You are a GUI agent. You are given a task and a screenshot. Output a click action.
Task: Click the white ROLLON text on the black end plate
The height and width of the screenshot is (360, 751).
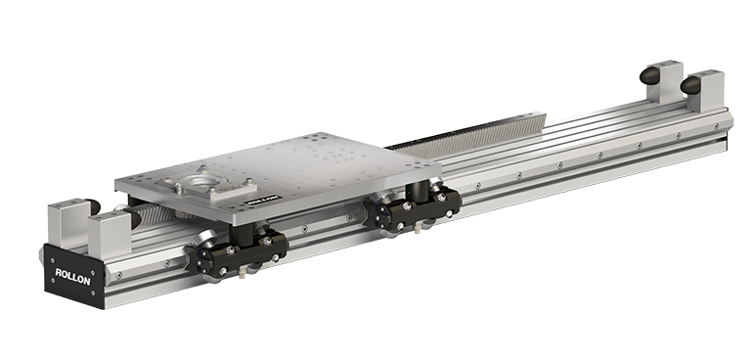pyautogui.click(x=72, y=277)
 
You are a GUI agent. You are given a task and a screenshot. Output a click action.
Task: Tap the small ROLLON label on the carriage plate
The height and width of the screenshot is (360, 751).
pyautogui.click(x=263, y=200)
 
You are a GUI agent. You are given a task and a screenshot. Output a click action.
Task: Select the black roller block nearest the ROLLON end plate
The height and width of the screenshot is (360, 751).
pyautogui.click(x=237, y=252)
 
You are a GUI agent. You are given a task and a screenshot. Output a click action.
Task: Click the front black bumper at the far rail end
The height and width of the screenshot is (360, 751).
pyautogui.click(x=690, y=85)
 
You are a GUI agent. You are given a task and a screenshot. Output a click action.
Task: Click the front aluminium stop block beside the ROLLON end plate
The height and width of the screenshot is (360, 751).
pyautogui.click(x=110, y=235)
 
